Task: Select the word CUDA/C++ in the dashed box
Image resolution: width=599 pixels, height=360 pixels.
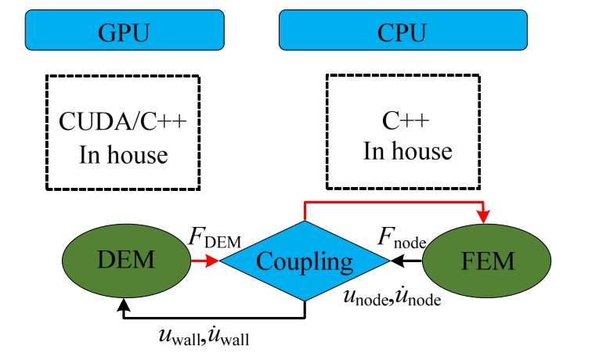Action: point(124,123)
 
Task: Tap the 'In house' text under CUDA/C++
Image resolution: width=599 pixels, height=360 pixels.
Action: point(123,154)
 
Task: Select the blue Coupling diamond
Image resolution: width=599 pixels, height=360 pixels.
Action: point(305,261)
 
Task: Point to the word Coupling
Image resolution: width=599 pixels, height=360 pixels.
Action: point(305,261)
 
